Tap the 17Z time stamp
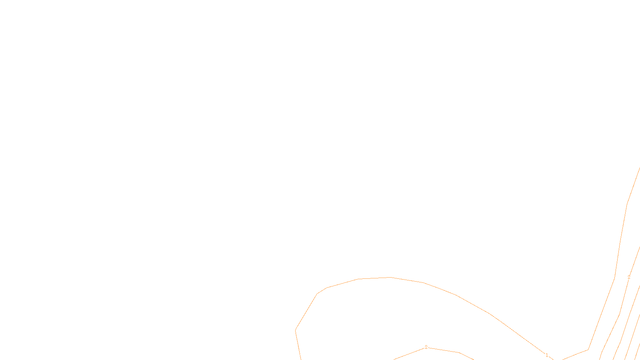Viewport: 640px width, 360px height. [303, 354]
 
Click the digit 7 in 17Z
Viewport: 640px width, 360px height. [303, 354]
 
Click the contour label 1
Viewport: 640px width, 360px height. [547, 355]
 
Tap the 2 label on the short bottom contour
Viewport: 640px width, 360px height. [426, 347]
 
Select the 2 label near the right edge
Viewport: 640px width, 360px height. [629, 277]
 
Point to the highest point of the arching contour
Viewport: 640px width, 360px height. [390, 277]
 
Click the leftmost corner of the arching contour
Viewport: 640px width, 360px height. [296, 330]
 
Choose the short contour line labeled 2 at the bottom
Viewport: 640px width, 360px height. [444, 350]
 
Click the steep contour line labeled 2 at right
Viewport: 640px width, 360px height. [624, 296]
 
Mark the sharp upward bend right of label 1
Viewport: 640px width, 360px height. [588, 350]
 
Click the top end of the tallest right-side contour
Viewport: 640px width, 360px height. [640, 168]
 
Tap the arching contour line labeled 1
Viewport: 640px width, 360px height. [472, 304]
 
